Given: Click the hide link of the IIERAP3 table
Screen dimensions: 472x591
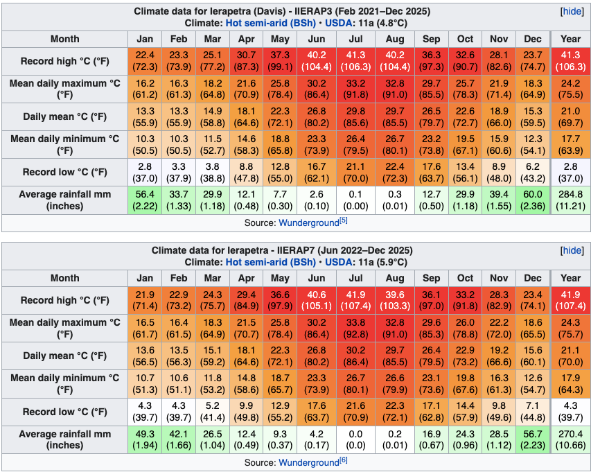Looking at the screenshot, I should point(572,12).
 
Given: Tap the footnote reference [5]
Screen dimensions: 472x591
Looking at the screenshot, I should point(342,221).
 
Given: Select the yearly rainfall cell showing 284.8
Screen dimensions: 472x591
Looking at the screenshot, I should point(570,200).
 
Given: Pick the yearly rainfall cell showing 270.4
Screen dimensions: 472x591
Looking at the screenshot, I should point(570,439).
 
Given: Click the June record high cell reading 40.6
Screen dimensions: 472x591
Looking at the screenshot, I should point(315,300).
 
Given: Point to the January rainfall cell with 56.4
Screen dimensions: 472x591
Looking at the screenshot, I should point(145,200).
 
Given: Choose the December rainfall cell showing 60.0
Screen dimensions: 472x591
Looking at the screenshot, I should point(533,200).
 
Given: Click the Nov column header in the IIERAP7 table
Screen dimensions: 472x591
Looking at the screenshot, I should point(499,278).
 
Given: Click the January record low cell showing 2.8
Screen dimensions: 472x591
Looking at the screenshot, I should point(145,172).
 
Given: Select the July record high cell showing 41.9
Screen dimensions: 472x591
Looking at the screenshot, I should point(355,300).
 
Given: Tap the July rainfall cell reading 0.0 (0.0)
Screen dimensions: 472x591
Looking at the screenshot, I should point(355,439).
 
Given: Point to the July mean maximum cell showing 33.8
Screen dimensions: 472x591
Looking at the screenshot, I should point(355,328).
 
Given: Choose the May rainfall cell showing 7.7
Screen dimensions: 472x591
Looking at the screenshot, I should point(280,200).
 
